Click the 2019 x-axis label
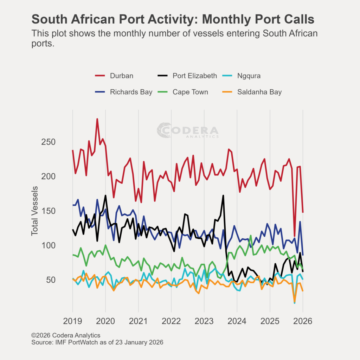pyautogui.click(x=73, y=321)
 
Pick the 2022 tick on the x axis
pyautogui.click(x=171, y=321)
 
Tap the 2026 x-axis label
pyautogui.click(x=303, y=321)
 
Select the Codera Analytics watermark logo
pyautogui.click(x=188, y=130)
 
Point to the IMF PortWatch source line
pyautogui.click(x=97, y=342)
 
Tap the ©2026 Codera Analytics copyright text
pyautogui.click(x=66, y=335)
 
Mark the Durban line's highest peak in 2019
pyautogui.click(x=97, y=119)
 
